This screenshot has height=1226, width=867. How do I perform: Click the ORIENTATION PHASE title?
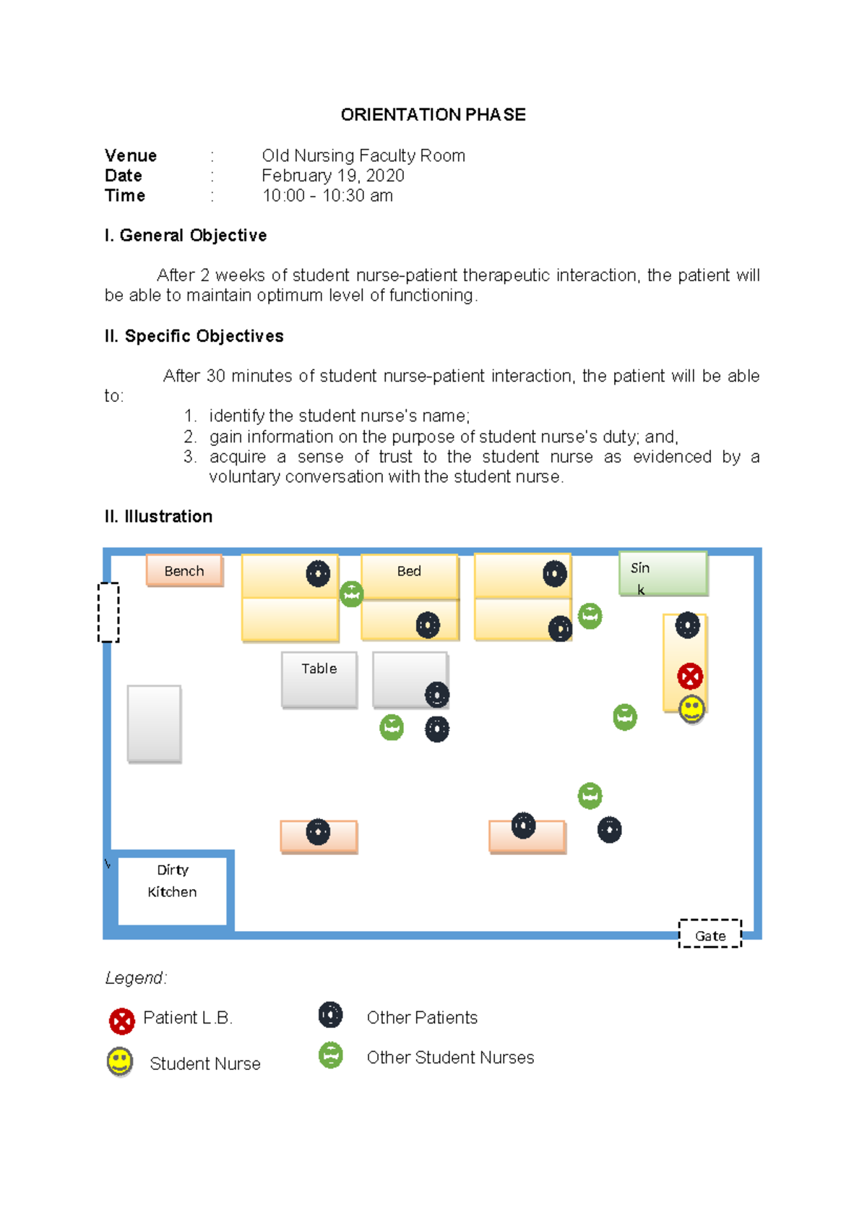coord(433,115)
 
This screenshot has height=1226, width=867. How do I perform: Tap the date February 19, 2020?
coord(332,176)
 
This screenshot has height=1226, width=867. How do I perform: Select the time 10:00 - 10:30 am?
coord(327,196)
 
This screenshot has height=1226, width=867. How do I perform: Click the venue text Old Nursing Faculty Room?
coord(363,156)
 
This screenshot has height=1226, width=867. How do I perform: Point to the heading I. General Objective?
coord(186,236)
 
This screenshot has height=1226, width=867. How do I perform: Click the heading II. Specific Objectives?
coord(194,336)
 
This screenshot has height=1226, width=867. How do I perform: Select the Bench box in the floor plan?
coord(184,571)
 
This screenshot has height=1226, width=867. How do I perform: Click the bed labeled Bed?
coord(409,576)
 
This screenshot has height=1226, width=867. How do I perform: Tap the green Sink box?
coord(663,574)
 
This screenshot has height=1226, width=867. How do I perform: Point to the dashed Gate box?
coord(710,934)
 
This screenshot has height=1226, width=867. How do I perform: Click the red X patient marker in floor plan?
coord(690,677)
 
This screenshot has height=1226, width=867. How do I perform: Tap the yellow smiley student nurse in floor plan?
coord(691,709)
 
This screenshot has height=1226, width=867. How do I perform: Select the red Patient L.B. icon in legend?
coord(122,1021)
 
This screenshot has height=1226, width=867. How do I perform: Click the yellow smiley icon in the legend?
coord(120,1061)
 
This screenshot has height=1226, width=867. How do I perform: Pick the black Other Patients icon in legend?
coord(330,1015)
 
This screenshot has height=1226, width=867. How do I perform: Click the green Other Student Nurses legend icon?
coord(330,1055)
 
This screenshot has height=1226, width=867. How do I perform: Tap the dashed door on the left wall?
coord(108,612)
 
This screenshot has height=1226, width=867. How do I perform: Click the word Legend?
coord(135,978)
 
